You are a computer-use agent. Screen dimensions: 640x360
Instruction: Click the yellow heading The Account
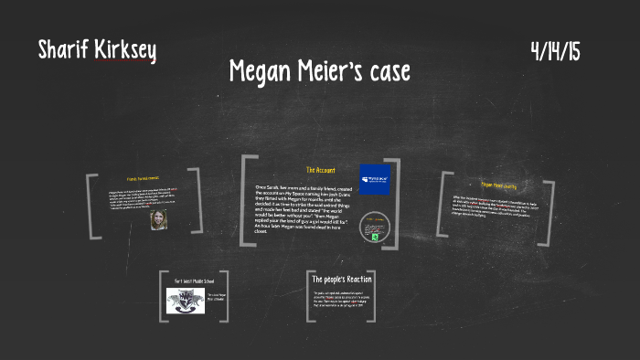(x=321, y=170)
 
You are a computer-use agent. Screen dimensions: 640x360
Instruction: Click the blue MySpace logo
(x=375, y=179)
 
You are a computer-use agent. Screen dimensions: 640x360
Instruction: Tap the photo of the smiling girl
(x=158, y=220)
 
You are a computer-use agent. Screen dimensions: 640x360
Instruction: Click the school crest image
(x=186, y=301)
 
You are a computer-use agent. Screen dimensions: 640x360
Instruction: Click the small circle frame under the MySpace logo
(x=374, y=228)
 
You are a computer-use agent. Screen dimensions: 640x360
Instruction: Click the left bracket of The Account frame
(x=245, y=200)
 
